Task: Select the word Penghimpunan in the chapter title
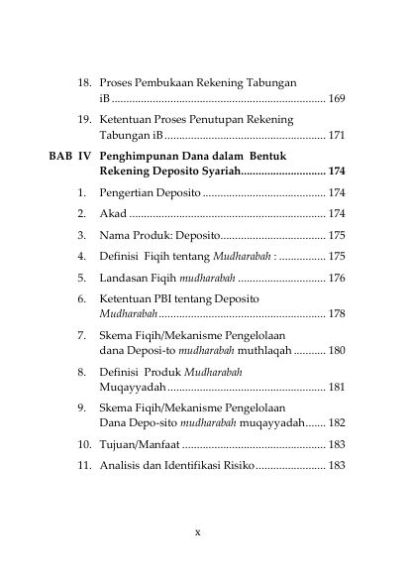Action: click(x=138, y=157)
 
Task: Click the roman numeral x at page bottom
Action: click(x=198, y=532)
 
